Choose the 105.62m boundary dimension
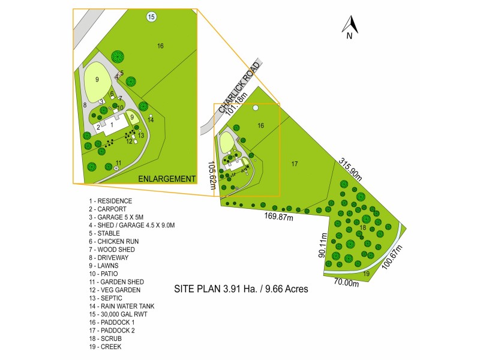coord(212,175)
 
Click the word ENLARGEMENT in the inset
coord(167,179)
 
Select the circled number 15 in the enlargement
coord(151,17)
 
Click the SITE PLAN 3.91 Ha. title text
coord(241,289)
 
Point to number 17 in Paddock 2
coord(295,163)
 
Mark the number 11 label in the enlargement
coord(119,163)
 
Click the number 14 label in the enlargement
coord(151,120)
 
